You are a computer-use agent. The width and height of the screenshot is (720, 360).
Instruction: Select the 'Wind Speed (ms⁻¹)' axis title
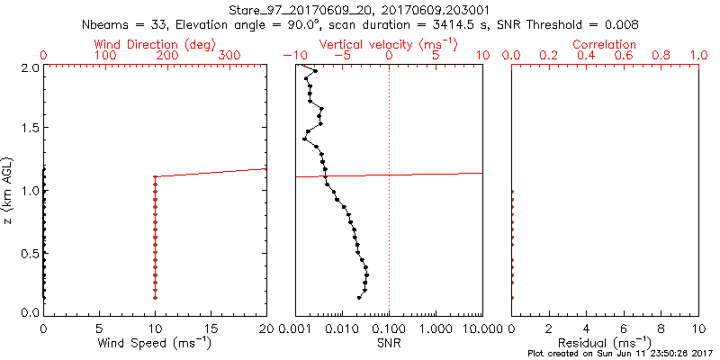click(155, 343)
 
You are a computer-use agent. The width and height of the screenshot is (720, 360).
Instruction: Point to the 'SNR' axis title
click(389, 343)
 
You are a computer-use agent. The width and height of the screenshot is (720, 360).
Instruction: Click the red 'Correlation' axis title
click(604, 44)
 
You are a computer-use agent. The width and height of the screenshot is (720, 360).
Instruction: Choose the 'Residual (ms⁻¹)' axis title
click(604, 343)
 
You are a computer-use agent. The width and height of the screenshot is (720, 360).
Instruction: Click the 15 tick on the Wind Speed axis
click(211, 329)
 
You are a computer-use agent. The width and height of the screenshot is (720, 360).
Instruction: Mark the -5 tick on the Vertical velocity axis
click(340, 56)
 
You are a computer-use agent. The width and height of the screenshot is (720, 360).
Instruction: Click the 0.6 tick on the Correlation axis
click(624, 56)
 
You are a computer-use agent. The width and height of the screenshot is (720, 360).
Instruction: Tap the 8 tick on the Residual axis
click(661, 329)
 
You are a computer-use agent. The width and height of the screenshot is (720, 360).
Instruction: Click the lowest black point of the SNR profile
click(359, 297)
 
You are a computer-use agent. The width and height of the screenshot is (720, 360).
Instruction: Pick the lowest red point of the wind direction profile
click(155, 297)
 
